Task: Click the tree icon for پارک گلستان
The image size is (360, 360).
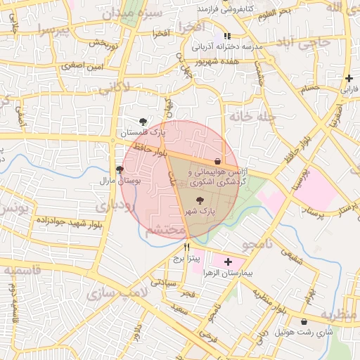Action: coord(144,122)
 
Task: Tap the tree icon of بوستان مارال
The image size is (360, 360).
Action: coord(120,169)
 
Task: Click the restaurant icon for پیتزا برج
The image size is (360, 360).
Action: coord(186,247)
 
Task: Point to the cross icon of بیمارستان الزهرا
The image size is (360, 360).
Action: coord(227,262)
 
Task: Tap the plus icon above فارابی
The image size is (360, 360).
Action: coord(349,78)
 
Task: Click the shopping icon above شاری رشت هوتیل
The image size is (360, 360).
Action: coord(304,321)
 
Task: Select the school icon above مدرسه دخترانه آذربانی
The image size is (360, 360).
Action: coord(226,36)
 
